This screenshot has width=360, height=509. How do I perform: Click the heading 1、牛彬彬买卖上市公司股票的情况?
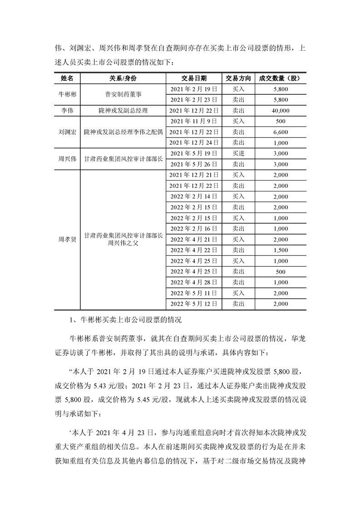[x=123, y=320]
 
